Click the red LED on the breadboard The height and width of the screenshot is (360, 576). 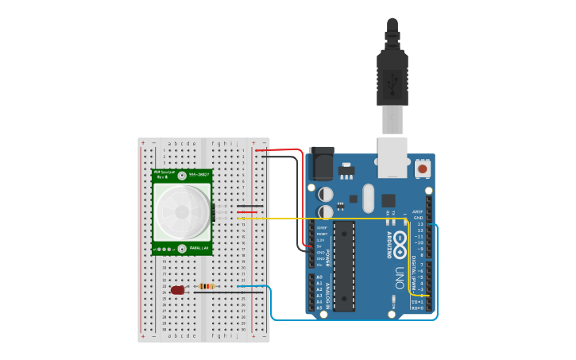click(177, 291)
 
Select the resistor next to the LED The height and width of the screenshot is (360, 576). click(206, 287)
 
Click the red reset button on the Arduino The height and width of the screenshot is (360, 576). click(423, 168)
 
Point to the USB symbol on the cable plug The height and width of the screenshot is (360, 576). click(392, 81)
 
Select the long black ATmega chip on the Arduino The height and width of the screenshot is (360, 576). click(344, 265)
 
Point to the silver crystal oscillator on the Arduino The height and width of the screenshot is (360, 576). click(367, 198)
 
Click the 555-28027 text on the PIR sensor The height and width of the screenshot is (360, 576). click(198, 174)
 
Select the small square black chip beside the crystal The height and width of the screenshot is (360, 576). click(388, 200)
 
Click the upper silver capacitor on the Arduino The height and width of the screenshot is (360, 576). click(326, 194)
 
